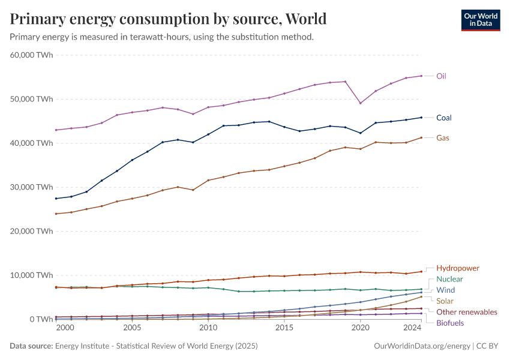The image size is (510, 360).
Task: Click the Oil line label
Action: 441,76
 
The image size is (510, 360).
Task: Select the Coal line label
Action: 443,118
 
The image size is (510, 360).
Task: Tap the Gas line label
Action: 443,138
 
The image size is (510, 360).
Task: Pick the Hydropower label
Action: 457,268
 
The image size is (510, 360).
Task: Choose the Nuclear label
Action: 449,279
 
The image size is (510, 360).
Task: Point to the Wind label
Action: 446,290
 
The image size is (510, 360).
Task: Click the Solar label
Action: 445,301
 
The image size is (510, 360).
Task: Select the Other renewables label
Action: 466,312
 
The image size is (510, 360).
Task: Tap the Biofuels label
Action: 450,323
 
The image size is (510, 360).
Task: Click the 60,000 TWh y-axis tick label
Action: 31,55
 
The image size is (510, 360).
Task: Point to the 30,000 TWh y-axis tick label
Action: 31,187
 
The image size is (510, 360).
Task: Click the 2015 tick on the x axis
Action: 285,328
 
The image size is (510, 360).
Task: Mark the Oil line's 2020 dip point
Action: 361,103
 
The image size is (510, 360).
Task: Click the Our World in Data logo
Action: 480,19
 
